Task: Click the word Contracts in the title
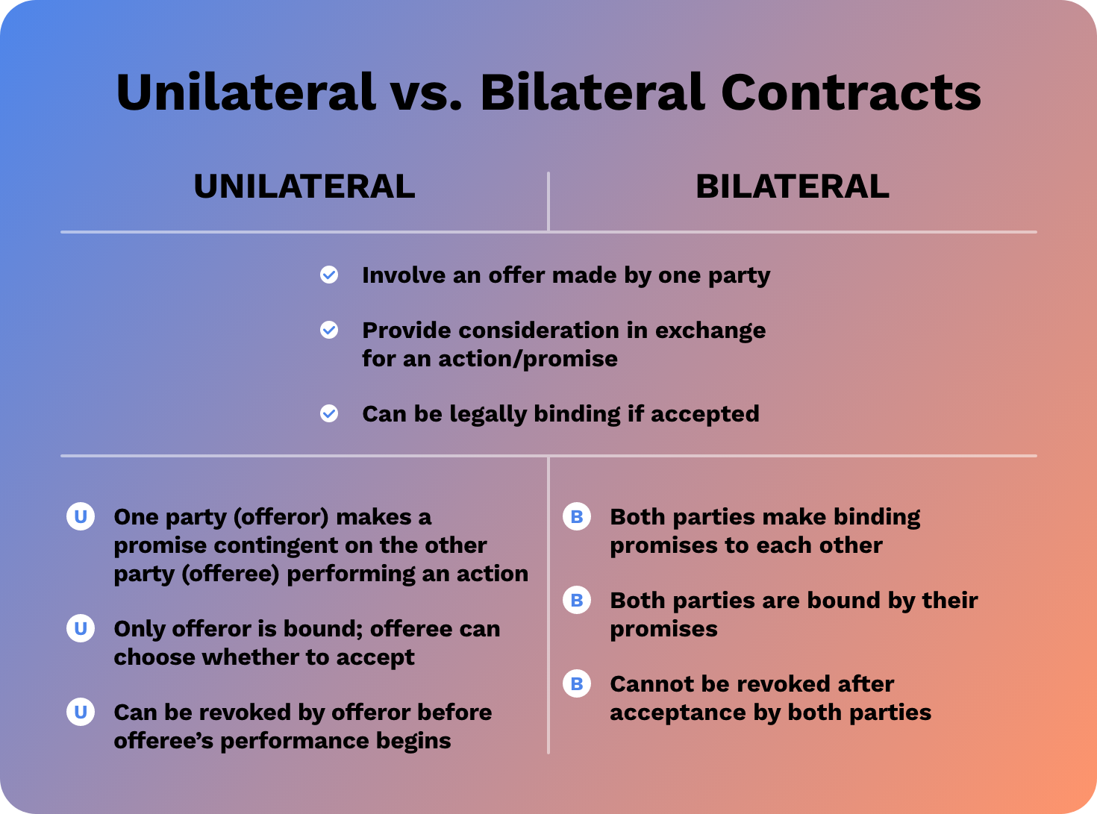[850, 93]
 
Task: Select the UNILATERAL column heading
[304, 187]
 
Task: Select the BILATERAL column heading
[792, 187]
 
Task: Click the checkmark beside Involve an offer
[329, 275]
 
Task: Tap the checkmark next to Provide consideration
[329, 330]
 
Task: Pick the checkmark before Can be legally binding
[329, 413]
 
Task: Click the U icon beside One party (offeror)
[81, 516]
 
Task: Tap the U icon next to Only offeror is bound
[81, 628]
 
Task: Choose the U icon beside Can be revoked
[81, 712]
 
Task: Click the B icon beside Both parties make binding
[577, 516]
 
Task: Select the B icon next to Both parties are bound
[577, 600]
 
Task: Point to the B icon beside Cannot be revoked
[577, 683]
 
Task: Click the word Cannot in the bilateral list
[645, 684]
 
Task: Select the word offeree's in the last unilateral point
[163, 741]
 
